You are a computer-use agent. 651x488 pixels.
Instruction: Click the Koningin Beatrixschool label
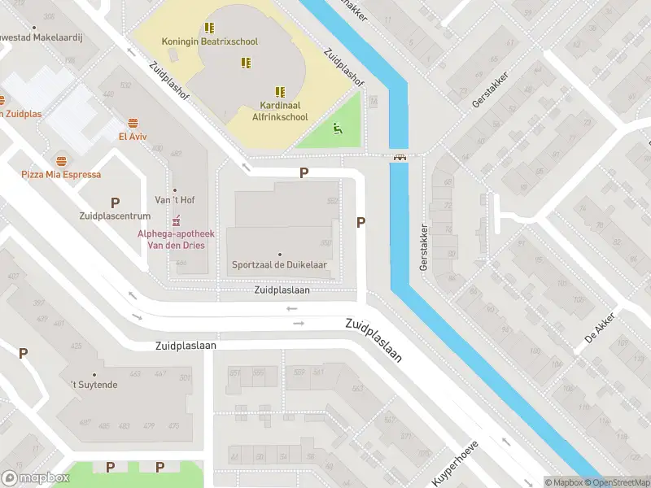click(210, 41)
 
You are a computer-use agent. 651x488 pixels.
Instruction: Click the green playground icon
click(338, 128)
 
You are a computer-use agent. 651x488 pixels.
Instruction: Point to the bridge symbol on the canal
click(400, 157)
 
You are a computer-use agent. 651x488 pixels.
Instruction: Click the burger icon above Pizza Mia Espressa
click(61, 160)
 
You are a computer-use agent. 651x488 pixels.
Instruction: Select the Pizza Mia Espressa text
click(61, 174)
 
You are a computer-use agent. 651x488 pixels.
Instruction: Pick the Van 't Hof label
click(175, 200)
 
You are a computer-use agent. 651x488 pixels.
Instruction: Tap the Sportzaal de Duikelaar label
click(281, 265)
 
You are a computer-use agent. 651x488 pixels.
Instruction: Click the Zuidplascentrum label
click(115, 216)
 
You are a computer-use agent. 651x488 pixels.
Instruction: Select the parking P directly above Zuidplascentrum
click(115, 203)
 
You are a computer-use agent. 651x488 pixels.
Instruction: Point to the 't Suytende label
click(94, 384)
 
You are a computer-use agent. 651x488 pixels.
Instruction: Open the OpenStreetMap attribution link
click(616, 483)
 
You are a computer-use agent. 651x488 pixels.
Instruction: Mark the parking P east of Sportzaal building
click(360, 222)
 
